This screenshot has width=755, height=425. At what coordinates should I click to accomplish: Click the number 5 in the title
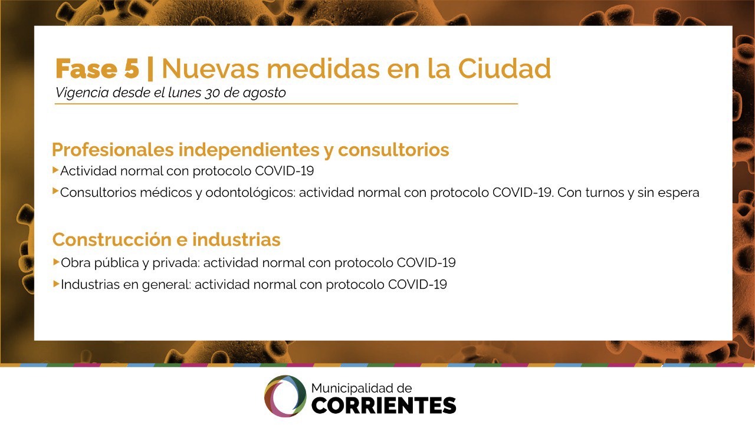click(x=131, y=68)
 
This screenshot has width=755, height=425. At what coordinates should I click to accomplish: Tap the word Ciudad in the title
click(x=504, y=68)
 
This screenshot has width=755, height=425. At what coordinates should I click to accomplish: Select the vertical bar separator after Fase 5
click(x=150, y=69)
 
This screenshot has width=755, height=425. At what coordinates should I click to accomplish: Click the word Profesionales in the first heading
click(x=113, y=150)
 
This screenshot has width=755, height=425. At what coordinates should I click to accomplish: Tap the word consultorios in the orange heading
click(x=393, y=150)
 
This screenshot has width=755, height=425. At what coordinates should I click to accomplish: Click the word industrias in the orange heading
click(x=237, y=239)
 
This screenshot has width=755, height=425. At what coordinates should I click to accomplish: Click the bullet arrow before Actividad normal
click(x=55, y=170)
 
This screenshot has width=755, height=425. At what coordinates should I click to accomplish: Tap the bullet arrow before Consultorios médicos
click(x=55, y=192)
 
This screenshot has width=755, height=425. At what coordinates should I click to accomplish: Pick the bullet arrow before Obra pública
click(x=56, y=262)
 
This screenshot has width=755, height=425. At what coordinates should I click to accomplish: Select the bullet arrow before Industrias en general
click(x=56, y=284)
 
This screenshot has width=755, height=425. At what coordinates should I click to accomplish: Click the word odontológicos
click(x=250, y=193)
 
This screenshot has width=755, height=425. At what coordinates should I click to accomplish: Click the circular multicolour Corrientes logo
click(x=285, y=396)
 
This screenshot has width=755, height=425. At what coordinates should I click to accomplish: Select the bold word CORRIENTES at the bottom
click(x=384, y=405)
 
